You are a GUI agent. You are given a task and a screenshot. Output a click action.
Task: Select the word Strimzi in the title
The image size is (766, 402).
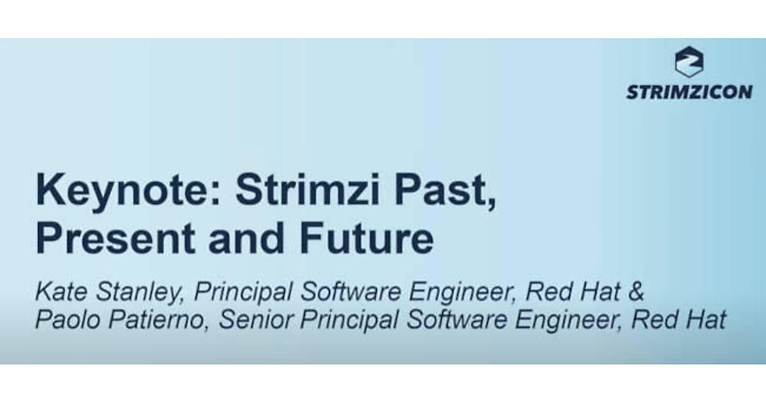coord(308,189)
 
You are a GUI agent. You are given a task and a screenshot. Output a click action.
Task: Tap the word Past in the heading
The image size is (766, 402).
coord(444,191)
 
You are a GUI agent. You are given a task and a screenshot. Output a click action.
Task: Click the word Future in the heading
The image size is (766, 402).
coord(366,238)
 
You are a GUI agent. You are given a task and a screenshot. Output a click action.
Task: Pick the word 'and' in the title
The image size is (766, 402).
coord(246,238)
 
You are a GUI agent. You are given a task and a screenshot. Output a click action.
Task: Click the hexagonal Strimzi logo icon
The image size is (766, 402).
coord(689,61)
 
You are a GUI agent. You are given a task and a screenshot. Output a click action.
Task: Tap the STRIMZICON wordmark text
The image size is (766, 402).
coord(689,93)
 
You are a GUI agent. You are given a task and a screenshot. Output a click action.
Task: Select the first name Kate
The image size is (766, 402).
coord(61,292)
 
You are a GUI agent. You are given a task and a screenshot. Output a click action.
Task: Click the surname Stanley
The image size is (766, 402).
coord(140,293)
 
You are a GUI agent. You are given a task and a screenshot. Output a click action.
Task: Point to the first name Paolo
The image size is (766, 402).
coord(68,319)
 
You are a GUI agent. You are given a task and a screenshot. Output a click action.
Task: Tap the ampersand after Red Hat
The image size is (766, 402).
coord(636,292)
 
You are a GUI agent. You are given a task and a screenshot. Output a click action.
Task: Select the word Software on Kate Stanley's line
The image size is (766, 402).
coord(351,292)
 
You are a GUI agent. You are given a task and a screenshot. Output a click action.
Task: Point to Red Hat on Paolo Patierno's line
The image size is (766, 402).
coord(679,319)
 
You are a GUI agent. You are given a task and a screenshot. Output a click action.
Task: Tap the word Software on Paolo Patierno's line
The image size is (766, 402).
coord(457,319)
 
